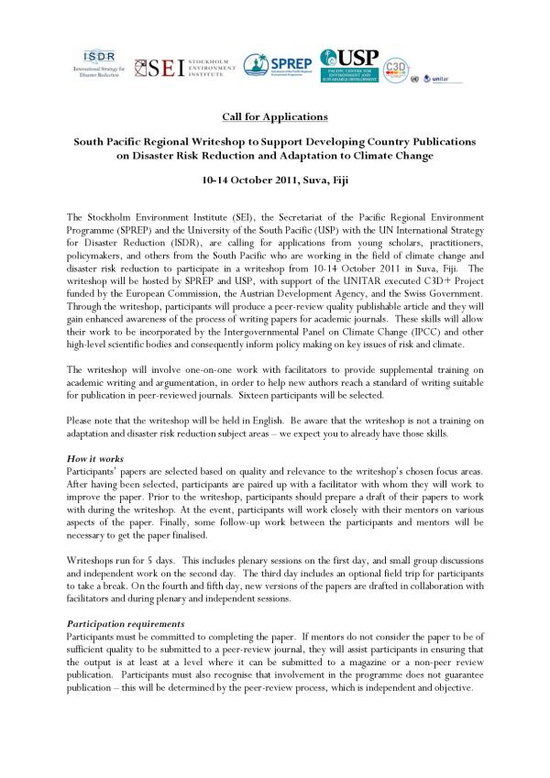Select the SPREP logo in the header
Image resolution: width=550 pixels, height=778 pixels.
pyautogui.click(x=279, y=64)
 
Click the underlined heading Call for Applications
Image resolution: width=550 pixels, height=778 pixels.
pyautogui.click(x=274, y=117)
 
